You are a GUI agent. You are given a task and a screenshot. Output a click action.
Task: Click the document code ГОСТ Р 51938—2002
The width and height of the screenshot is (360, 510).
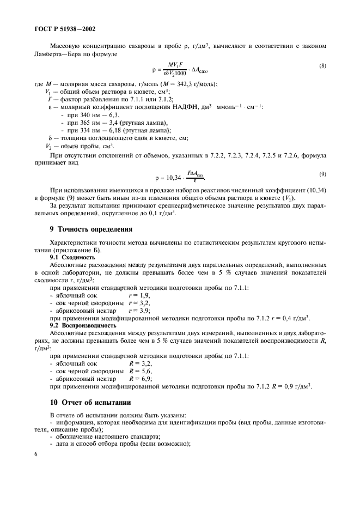60,28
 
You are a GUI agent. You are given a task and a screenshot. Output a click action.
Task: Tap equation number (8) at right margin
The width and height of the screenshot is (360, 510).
322,66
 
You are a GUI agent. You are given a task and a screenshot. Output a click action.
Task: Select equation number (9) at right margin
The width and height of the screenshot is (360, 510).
322,174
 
